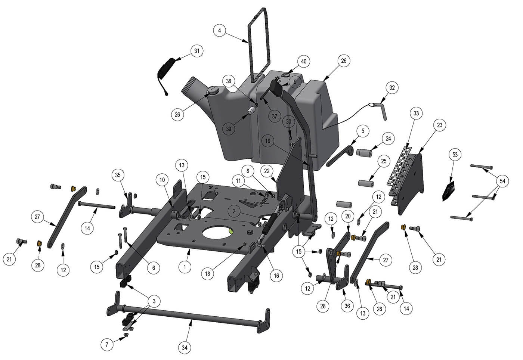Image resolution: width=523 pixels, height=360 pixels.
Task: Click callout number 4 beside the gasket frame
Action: pos(220,31)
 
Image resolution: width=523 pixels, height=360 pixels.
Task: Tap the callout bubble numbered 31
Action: pos(197,51)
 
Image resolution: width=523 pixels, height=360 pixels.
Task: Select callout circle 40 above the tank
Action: pos(303,61)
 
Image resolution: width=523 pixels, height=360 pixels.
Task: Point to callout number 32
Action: pos(392,88)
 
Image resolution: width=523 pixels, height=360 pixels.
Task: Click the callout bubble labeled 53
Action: pos(455,155)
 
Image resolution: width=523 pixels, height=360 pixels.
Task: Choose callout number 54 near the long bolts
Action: pos(502,181)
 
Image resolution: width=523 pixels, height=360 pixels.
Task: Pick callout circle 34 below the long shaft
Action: pos(185,348)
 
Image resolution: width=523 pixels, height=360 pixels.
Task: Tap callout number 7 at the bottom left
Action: pos(107,344)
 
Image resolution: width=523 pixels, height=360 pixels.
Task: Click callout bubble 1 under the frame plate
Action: pos(185,267)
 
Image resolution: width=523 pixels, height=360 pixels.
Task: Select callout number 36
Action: pos(347,306)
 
